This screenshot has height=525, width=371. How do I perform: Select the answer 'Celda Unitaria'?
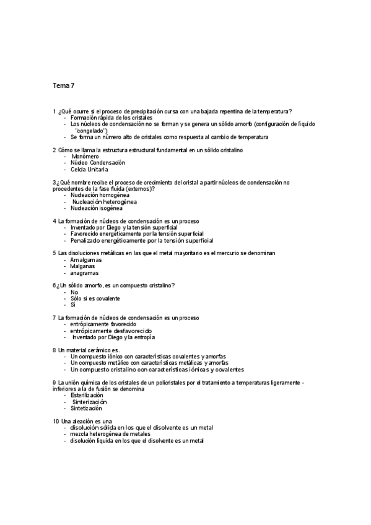coord(89,169)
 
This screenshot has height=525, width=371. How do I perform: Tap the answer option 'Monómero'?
coord(85,157)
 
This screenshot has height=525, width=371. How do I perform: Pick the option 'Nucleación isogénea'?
coord(96,208)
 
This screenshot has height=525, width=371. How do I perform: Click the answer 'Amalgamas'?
coord(87,260)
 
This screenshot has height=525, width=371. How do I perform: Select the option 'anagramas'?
coord(84,273)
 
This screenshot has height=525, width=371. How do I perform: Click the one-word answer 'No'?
coord(74,292)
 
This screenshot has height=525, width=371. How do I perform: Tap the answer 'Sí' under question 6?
coord(73,305)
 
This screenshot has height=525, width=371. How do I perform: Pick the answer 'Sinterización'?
coord(93,402)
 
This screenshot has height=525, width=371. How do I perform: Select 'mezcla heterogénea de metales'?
coord(110,434)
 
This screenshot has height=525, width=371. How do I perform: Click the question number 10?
coord(56,421)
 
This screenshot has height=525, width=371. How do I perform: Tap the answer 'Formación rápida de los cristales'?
coord(111,118)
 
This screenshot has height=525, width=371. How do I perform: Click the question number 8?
coord(55,350)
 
